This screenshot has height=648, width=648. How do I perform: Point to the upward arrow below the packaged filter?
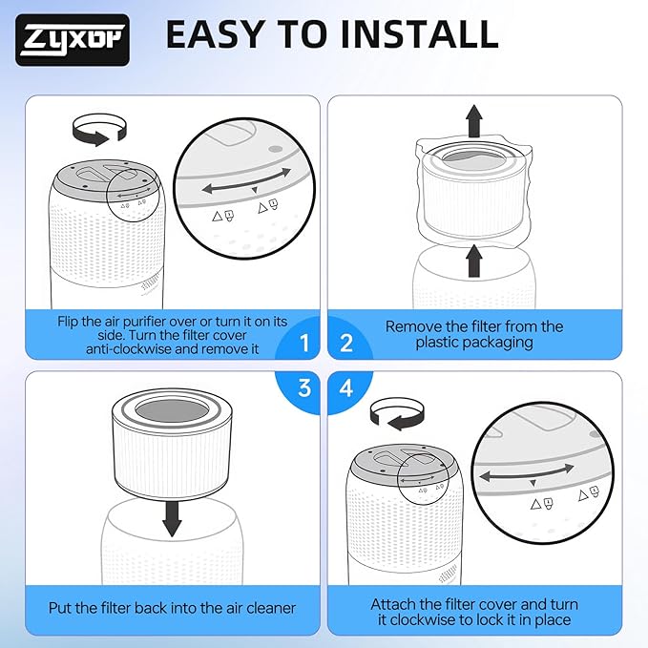pyautogui.click(x=473, y=261)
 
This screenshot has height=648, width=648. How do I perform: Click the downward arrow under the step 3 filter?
pyautogui.click(x=172, y=514)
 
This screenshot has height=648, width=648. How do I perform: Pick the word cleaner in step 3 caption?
pyautogui.click(x=265, y=608)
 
